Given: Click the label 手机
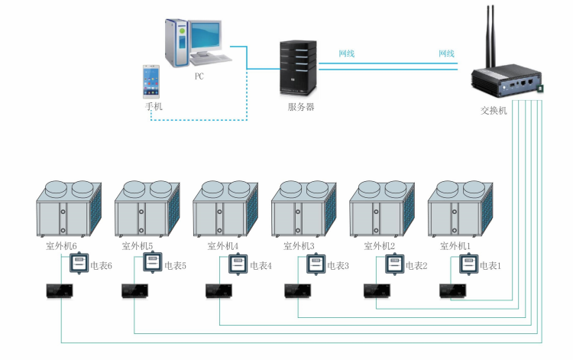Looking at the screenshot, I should (154, 107).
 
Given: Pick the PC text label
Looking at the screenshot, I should (199, 76).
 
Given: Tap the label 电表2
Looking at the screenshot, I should (416, 266).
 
